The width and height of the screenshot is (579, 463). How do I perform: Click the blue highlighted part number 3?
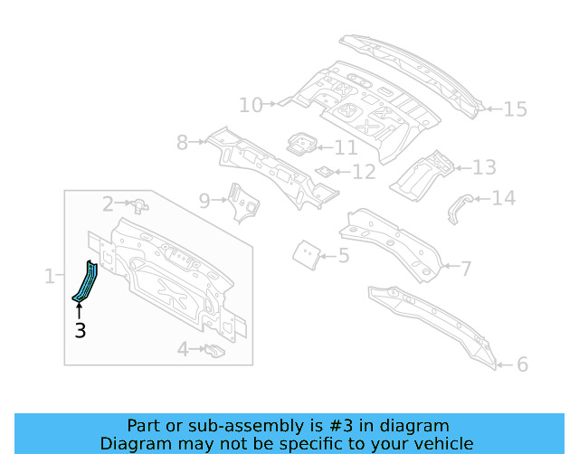[86, 281]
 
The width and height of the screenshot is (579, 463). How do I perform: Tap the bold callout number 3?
[81, 331]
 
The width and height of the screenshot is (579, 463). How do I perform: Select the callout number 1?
[50, 276]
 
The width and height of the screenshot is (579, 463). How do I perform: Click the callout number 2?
[108, 204]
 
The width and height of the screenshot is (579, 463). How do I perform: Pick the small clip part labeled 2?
[138, 205]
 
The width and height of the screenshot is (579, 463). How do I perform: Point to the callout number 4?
[183, 349]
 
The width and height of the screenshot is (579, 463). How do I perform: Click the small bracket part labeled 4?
[214, 350]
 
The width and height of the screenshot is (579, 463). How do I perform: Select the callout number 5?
[343, 256]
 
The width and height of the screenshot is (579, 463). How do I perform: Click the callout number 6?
[522, 364]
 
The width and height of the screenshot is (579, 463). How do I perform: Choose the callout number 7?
[465, 268]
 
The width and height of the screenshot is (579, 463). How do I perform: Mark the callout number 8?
[182, 142]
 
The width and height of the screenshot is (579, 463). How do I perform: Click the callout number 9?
[204, 200]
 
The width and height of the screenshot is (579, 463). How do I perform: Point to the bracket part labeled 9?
[239, 201]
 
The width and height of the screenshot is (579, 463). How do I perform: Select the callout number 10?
[251, 106]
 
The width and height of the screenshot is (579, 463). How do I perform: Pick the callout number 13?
[484, 167]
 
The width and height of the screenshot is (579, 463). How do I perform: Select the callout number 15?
[514, 109]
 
